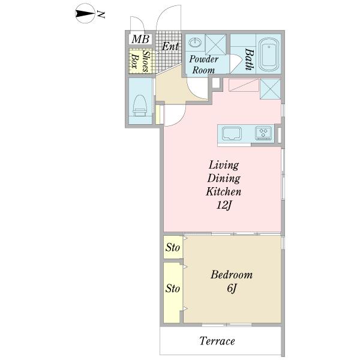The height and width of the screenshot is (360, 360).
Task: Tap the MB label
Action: pos(140,39)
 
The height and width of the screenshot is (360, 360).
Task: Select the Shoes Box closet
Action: pos(140,61)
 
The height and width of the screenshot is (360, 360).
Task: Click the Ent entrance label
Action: pos(170,46)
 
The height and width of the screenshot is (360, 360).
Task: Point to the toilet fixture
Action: pos(140,106)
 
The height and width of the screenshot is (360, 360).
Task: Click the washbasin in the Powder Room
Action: pos(195,43)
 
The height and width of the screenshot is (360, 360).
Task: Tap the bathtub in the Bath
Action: pos(269,55)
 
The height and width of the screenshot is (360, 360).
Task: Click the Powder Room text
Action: pos(203,65)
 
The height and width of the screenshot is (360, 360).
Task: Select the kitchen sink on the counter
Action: pos(231,133)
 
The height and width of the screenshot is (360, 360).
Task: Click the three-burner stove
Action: pos(264,133)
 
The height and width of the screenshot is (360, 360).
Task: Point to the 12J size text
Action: pos(224,205)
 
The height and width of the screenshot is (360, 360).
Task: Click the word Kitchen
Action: pos(224,191)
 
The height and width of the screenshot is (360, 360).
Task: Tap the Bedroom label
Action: pos(232,275)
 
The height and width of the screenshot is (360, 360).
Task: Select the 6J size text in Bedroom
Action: pos(232,288)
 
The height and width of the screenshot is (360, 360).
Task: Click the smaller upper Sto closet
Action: pos(173,247)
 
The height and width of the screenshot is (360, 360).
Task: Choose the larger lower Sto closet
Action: pos(172,293)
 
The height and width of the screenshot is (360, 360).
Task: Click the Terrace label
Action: pos(217,341)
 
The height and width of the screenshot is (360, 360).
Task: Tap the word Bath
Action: pos(250,59)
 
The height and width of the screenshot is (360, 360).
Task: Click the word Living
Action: pos(224,165)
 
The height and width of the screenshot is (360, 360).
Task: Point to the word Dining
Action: pos(224,178)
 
